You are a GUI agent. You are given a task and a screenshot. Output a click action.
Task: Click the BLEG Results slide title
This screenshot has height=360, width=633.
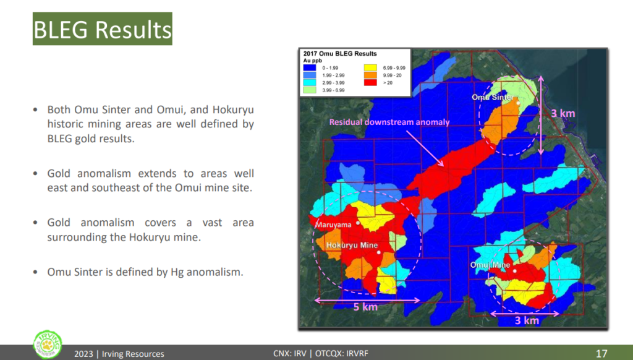(103, 29)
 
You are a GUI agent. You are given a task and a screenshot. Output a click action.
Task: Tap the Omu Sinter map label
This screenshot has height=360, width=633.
(493, 97)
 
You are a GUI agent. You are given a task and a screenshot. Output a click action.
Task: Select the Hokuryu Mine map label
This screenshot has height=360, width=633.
(352, 245)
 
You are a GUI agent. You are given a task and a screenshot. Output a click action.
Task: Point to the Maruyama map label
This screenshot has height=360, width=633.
(333, 225)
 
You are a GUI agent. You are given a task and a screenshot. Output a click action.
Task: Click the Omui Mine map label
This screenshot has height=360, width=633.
(490, 265)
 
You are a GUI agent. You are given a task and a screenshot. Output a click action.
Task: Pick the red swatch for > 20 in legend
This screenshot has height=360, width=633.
(370, 82)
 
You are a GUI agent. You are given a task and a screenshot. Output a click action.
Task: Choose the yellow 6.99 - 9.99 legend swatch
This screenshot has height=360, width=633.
(370, 68)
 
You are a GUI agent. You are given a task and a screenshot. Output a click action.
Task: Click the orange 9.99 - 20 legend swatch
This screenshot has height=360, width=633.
(370, 75)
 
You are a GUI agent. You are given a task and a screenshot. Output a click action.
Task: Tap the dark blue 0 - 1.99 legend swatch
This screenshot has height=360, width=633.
(310, 68)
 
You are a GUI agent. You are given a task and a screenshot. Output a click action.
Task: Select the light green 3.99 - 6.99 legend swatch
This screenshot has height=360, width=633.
(310, 90)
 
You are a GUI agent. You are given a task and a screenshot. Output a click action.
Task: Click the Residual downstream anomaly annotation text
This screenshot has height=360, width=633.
(389, 122)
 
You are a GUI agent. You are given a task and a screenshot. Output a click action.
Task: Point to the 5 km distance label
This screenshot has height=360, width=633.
(366, 307)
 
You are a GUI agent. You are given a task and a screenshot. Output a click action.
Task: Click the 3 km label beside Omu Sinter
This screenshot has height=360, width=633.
(563, 114)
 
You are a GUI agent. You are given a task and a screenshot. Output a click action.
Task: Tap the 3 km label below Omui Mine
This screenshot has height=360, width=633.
(527, 321)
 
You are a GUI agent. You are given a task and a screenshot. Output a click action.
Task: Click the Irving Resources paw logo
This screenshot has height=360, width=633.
(48, 345)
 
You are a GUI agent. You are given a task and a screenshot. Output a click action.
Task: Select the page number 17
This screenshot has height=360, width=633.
(601, 354)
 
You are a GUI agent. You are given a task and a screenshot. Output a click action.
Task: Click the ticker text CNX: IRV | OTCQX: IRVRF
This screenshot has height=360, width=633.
(321, 354)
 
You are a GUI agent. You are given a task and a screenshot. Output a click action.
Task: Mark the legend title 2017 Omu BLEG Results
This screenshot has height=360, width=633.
(340, 54)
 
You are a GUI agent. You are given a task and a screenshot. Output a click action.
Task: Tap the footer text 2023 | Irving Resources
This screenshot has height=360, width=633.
(119, 354)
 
